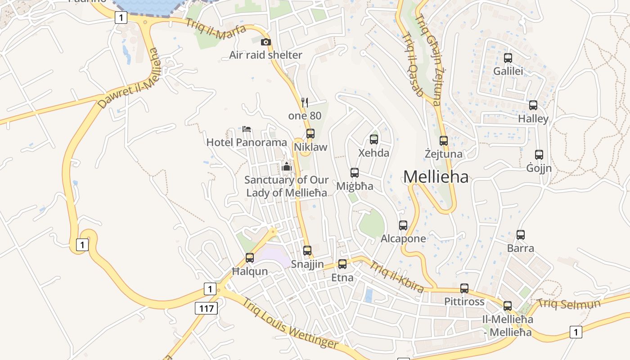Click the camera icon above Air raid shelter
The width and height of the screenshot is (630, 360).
[x=266, y=42]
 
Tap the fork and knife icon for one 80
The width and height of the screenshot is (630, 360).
[x=305, y=103]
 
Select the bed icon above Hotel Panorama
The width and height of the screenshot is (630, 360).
[x=247, y=129]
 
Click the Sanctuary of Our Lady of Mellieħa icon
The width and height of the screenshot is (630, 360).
[x=287, y=166]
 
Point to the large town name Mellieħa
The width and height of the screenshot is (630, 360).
[x=436, y=177]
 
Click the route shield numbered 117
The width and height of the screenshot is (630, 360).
[x=206, y=308]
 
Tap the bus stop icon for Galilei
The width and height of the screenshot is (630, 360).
[x=508, y=58]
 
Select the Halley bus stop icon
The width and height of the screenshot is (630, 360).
[x=533, y=105]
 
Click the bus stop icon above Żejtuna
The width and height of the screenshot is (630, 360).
[x=444, y=141]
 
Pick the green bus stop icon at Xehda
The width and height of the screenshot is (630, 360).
[x=374, y=139]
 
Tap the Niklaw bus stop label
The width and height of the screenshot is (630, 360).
[x=310, y=147]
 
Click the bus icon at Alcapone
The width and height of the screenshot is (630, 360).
[x=403, y=225]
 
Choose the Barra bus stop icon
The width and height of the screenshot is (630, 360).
[x=521, y=235]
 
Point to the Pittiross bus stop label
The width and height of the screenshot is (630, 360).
[x=464, y=301]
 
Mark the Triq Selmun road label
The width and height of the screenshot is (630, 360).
[x=569, y=304]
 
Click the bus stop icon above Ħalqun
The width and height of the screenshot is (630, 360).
[x=250, y=258]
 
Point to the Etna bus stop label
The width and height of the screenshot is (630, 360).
[x=342, y=278]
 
